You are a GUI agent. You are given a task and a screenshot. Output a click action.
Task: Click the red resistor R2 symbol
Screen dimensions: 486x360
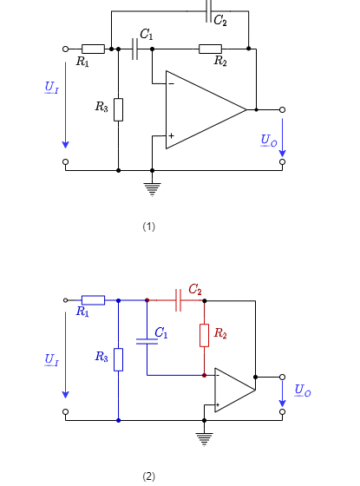205,335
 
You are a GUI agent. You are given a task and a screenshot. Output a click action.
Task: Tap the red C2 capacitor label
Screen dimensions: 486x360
195,289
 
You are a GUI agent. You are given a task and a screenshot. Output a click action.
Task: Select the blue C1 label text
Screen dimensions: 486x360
161,332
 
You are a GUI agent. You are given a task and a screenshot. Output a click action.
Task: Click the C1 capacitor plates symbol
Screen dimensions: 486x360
147,341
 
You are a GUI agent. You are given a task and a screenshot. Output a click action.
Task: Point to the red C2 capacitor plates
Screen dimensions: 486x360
178,300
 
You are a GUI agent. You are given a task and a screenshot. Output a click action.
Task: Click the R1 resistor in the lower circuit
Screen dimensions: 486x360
93,300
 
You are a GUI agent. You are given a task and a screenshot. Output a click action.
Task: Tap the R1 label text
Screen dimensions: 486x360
82,312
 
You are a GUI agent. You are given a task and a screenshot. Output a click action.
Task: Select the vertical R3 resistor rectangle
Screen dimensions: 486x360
118,359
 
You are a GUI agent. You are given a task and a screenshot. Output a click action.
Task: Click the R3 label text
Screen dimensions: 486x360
101,357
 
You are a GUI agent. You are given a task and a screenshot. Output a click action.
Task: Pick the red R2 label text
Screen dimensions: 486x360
220,333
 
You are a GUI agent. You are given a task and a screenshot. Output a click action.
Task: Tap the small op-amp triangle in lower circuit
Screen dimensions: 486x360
232,390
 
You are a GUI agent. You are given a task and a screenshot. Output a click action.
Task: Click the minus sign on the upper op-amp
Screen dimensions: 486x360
171,84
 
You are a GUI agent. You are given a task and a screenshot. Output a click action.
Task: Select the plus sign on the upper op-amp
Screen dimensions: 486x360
171,135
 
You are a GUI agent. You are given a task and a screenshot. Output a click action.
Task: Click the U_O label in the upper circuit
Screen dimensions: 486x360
269,140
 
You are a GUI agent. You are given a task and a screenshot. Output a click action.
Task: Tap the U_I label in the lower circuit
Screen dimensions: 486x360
52,359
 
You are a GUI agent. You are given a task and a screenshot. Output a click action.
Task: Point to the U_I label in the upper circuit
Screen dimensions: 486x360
52,87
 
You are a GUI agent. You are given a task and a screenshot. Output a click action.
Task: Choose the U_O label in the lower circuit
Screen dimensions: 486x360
303,391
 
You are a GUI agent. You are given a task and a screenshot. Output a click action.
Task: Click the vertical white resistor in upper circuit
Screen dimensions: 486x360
118,109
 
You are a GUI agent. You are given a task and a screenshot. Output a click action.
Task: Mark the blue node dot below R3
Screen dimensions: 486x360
118,420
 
